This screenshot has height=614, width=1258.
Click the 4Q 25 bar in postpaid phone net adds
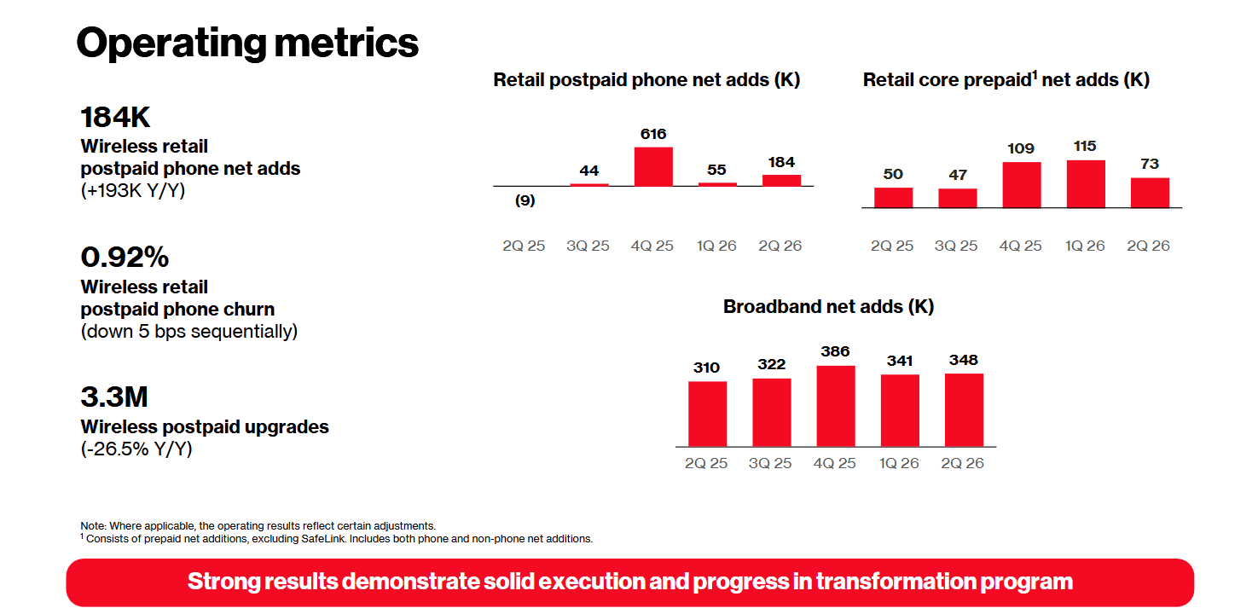pos(653,166)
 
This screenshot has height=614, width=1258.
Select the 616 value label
pos(653,134)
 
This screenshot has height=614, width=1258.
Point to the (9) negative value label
pos(525,200)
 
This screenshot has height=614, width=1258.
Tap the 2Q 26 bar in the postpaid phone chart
pos(781,180)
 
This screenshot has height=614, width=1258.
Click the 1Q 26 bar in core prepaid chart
pos(1086,183)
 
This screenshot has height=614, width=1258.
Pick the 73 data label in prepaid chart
pos(1150,164)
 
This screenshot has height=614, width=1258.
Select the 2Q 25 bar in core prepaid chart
pos(893,198)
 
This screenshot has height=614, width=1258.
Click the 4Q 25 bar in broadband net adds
pos(836,406)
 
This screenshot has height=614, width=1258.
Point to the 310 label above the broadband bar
pos(706,368)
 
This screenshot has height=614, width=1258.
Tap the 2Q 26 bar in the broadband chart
pos(964,410)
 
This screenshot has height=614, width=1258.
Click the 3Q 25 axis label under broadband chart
pos(770,463)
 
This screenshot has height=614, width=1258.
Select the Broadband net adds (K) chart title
pos(828,307)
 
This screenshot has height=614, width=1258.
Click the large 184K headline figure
pos(115,118)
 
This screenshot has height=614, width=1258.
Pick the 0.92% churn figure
pos(125,258)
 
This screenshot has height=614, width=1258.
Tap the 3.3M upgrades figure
pos(114,397)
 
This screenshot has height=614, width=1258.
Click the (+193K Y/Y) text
pos(132,190)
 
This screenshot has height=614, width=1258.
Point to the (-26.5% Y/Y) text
pos(136,449)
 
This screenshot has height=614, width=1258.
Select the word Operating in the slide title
pos(171,43)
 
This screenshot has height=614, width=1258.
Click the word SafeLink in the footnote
pos(323,539)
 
